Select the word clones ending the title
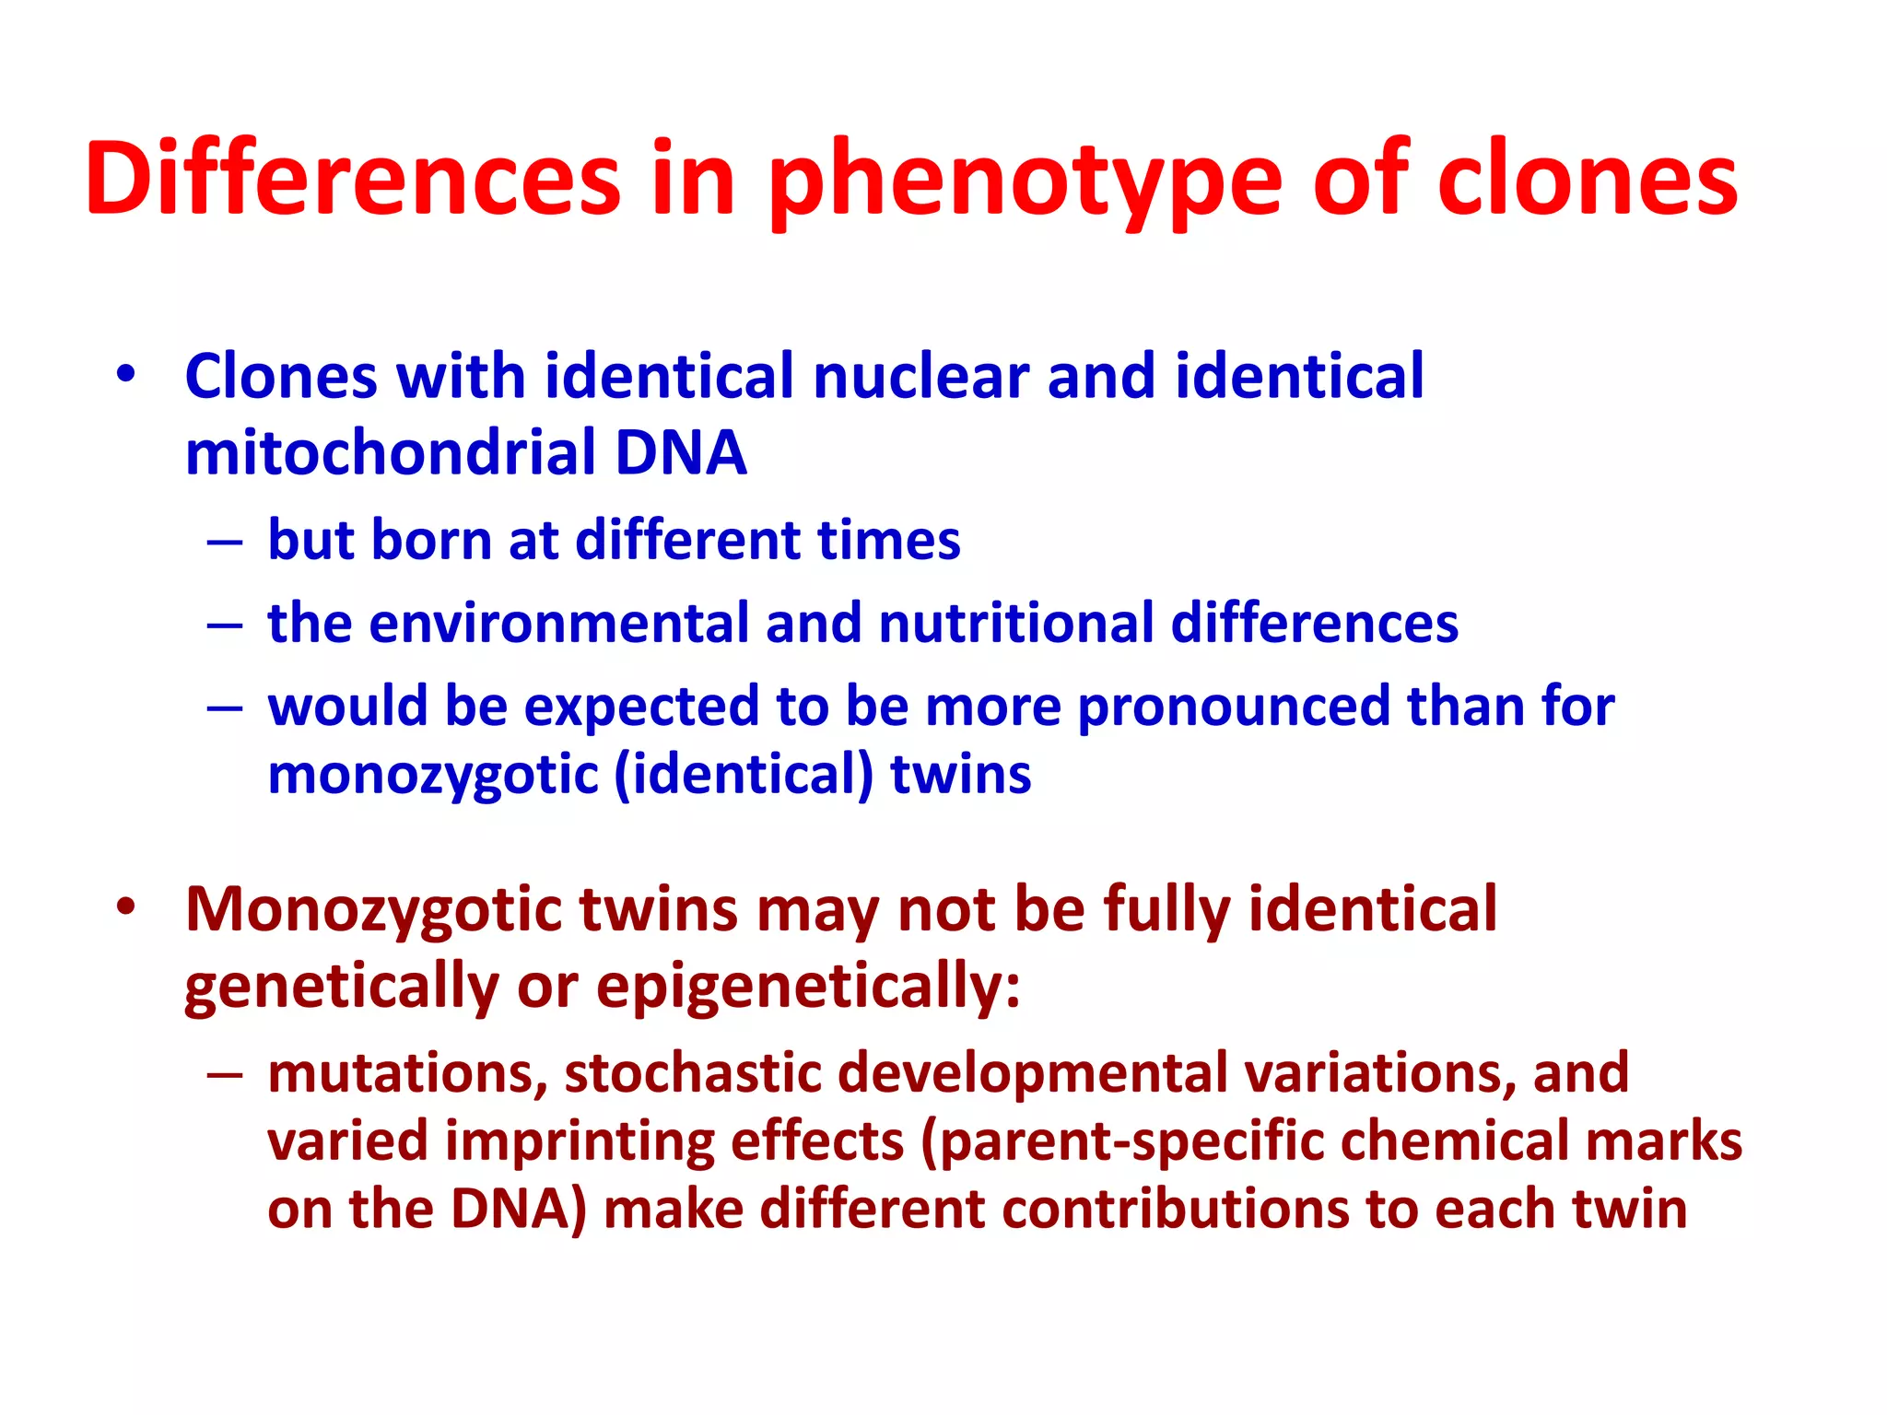(1587, 180)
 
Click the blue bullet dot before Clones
(126, 374)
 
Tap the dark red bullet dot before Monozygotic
(126, 906)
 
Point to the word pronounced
(1233, 707)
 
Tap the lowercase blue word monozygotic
(433, 774)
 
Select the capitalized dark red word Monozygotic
(374, 910)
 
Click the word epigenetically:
(808, 987)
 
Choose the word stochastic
(692, 1072)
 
